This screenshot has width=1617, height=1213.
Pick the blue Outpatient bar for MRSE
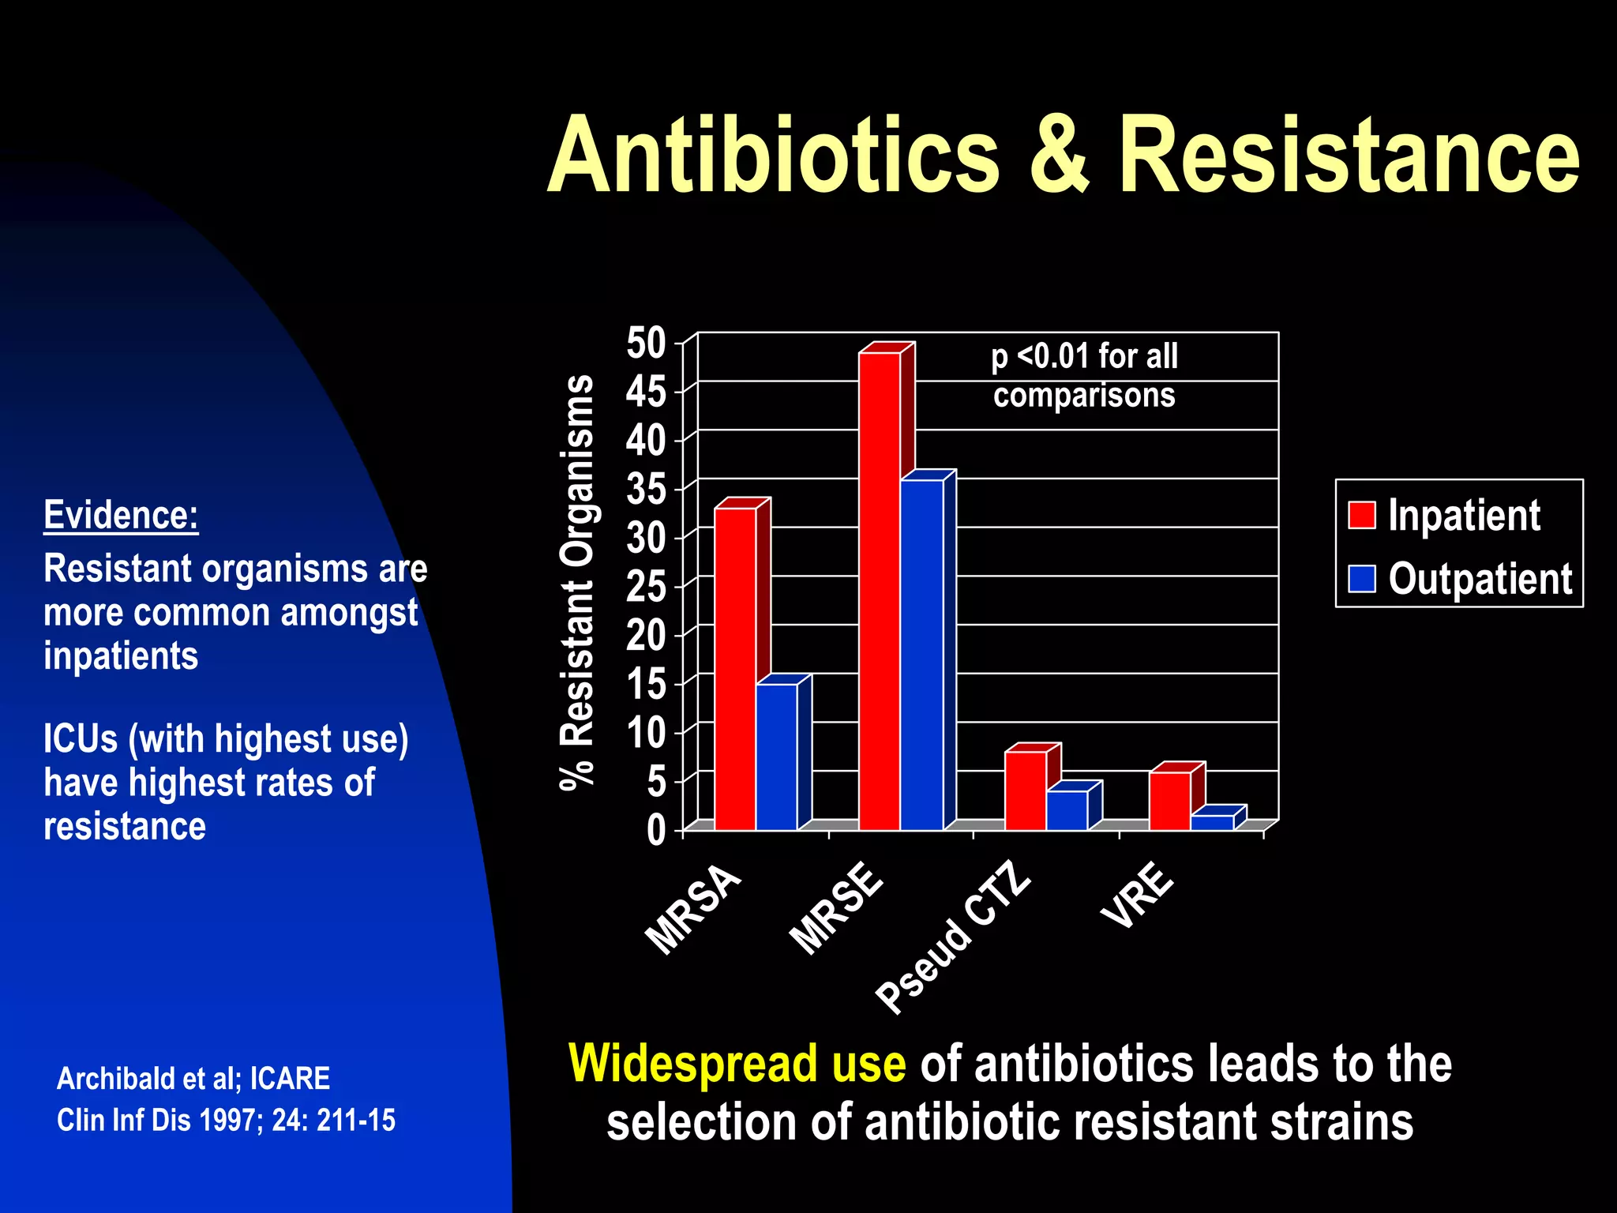(x=921, y=655)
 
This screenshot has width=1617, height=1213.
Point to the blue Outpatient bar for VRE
(x=1211, y=823)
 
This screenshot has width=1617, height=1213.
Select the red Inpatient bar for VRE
(x=1169, y=801)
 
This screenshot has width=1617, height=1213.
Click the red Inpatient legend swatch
(x=1361, y=515)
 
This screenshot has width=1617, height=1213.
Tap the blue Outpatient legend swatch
(x=1361, y=579)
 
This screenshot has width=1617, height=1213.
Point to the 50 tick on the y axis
(x=647, y=344)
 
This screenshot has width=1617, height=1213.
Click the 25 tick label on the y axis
(x=647, y=587)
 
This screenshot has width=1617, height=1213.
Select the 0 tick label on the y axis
(x=656, y=831)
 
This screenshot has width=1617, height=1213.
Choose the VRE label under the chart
(x=1138, y=896)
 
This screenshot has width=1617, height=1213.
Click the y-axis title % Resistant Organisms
(x=577, y=582)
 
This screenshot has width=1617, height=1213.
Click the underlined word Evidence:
(x=121, y=515)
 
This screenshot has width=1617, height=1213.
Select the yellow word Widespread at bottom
(x=737, y=1063)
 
